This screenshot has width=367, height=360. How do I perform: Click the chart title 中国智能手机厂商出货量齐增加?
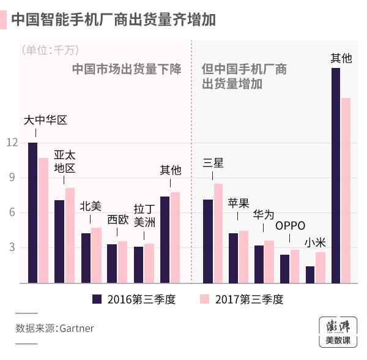113,20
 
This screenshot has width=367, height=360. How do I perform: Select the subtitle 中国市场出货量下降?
127,69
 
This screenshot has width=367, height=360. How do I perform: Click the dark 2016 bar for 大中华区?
32,212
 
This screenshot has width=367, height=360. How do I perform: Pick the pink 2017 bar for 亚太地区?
70,235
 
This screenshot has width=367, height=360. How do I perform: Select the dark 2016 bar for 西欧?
111,263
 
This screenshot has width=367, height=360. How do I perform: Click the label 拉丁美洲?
144,215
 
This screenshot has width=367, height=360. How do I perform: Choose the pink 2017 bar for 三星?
218,233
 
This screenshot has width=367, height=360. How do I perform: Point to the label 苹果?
238,203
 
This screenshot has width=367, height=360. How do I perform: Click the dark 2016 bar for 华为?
259,264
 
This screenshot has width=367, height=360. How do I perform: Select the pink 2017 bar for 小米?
321,268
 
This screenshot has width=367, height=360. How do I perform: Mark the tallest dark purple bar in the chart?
336,175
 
